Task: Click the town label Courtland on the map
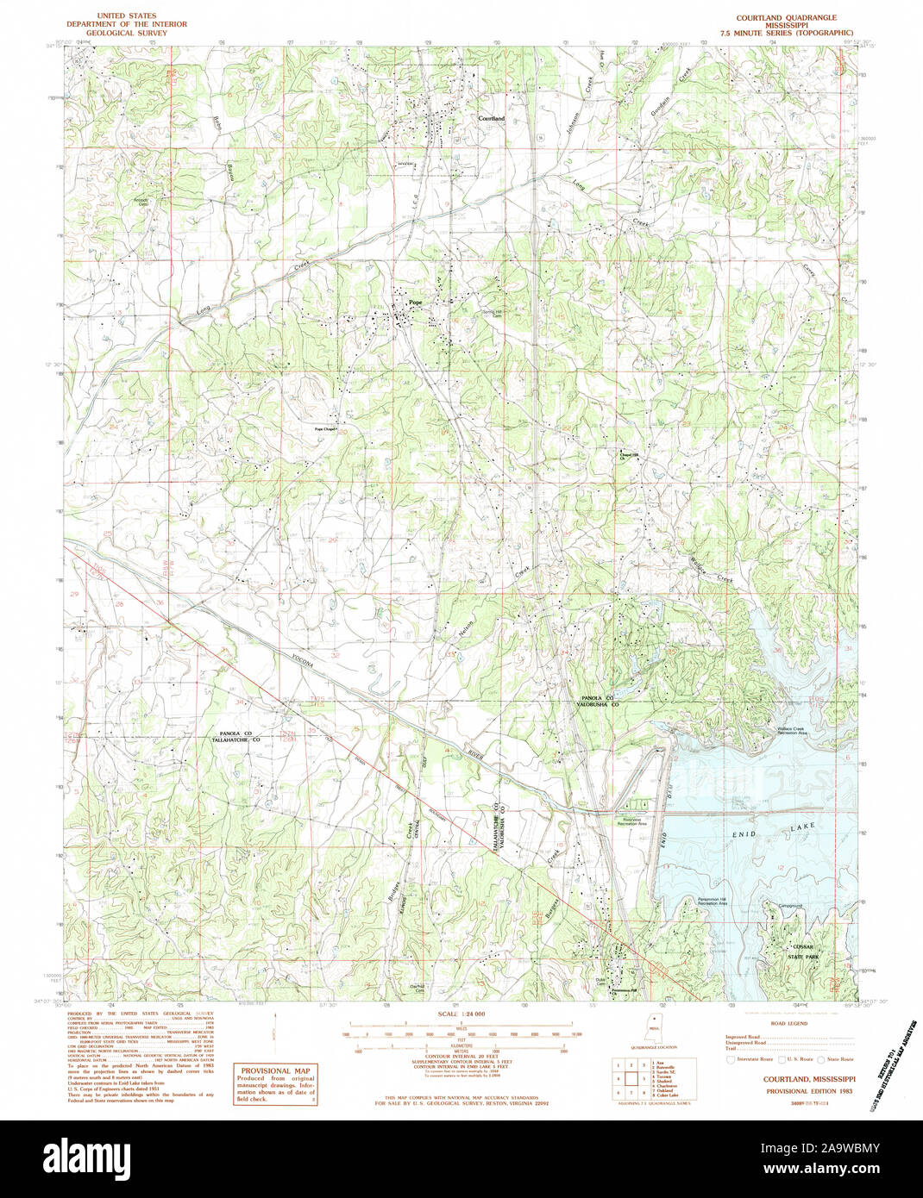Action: pyautogui.click(x=492, y=117)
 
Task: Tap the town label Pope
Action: pyautogui.click(x=416, y=303)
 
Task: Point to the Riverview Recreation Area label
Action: pyautogui.click(x=631, y=821)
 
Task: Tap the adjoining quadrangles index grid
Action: pyautogui.click(x=629, y=1078)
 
